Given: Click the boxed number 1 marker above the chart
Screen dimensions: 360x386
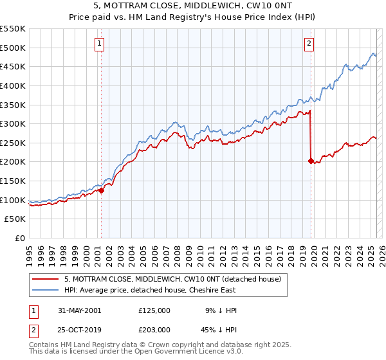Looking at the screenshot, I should point(100,44).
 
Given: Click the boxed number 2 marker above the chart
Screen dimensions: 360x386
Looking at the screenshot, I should point(309,44).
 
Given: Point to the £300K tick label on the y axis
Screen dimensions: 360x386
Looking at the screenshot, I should point(13,123).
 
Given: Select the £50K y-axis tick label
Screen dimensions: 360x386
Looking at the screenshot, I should point(15,219).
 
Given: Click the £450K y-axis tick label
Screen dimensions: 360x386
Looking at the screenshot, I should point(13,66).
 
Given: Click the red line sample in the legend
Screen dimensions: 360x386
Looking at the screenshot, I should point(46,280).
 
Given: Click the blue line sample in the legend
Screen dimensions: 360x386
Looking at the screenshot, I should point(46,291).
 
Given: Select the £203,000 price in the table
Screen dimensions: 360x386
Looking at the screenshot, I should point(154,330).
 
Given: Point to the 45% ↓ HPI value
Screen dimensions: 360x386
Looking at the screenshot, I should point(219,330).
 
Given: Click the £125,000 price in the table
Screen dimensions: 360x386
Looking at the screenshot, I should point(154,310).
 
